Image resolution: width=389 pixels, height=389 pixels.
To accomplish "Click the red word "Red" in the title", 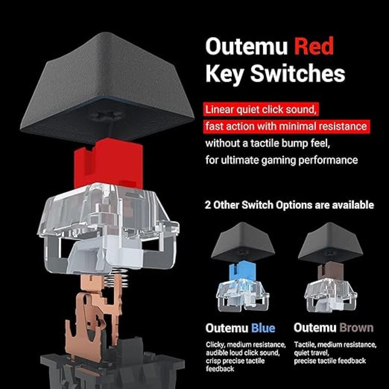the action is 314,46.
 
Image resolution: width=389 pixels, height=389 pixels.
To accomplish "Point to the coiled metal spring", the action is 116,278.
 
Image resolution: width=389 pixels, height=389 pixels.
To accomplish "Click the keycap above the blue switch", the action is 243,242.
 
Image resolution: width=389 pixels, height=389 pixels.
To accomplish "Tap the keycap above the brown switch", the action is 330,242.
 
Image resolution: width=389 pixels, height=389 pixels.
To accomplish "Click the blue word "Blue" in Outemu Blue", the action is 263,328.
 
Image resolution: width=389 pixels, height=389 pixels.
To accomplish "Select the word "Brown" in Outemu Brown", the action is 356,328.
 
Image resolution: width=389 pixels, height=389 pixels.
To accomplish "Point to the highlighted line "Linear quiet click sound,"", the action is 261,110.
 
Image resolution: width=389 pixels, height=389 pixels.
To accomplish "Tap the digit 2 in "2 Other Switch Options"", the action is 207,205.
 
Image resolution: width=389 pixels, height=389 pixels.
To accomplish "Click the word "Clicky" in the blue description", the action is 215,345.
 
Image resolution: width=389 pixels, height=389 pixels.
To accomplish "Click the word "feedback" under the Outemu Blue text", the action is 220,369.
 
